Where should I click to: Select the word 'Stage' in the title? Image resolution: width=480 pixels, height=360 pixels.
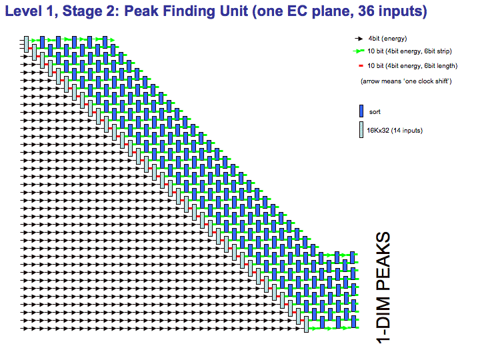point(82,12)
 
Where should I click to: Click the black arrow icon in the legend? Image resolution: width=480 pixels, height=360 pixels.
point(359,39)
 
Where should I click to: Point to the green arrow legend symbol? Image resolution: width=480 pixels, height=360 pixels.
point(359,51)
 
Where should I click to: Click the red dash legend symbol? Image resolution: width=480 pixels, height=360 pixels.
point(361,66)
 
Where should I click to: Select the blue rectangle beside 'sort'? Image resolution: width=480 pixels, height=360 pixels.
point(361,111)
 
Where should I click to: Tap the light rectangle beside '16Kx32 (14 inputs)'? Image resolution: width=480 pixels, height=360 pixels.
point(361,130)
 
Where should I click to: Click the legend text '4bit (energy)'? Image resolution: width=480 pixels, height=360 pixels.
point(387,39)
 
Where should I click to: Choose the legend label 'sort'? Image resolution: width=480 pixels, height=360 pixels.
point(375,112)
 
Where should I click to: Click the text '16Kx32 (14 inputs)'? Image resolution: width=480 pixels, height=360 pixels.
point(395,131)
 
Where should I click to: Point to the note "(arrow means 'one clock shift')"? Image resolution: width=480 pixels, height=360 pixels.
point(406,81)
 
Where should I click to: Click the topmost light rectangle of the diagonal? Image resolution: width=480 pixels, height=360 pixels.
point(26,45)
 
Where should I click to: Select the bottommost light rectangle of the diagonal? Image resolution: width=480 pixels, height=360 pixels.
point(306,324)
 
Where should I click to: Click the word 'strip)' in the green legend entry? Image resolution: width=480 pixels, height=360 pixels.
point(442,51)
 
